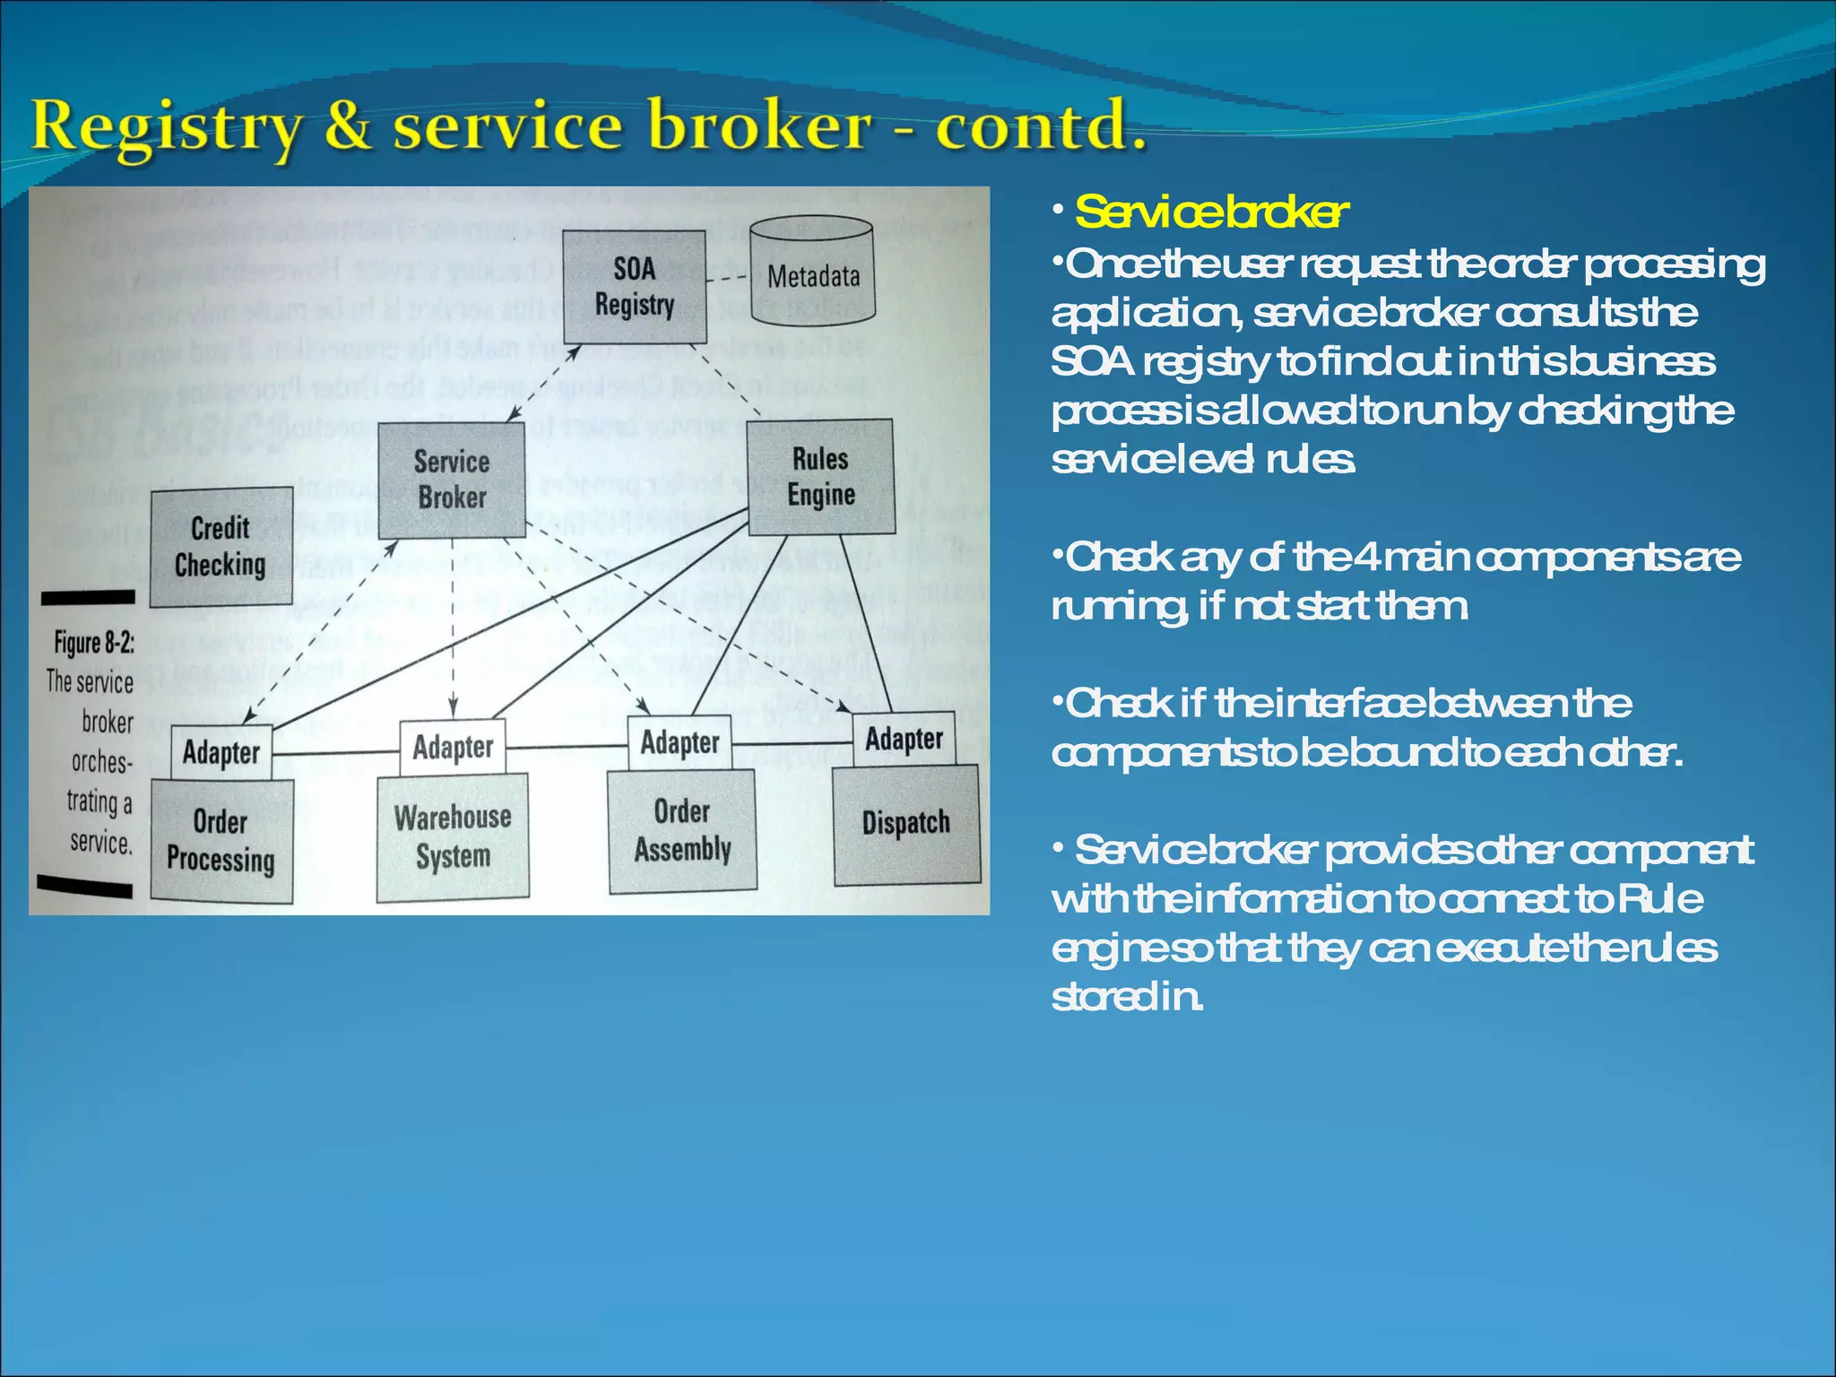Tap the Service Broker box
(452, 479)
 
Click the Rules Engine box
(820, 476)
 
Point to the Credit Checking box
(221, 547)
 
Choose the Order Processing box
(221, 841)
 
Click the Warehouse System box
(453, 836)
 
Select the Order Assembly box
(682, 830)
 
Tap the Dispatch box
(905, 823)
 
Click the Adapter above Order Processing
(221, 752)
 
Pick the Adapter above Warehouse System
(453, 747)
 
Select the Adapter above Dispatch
(904, 740)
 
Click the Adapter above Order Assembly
(680, 743)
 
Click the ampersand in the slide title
(348, 126)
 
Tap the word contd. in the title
(1040, 126)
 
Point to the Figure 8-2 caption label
(93, 643)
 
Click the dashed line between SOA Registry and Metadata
(727, 279)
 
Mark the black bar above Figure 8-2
(87, 597)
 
